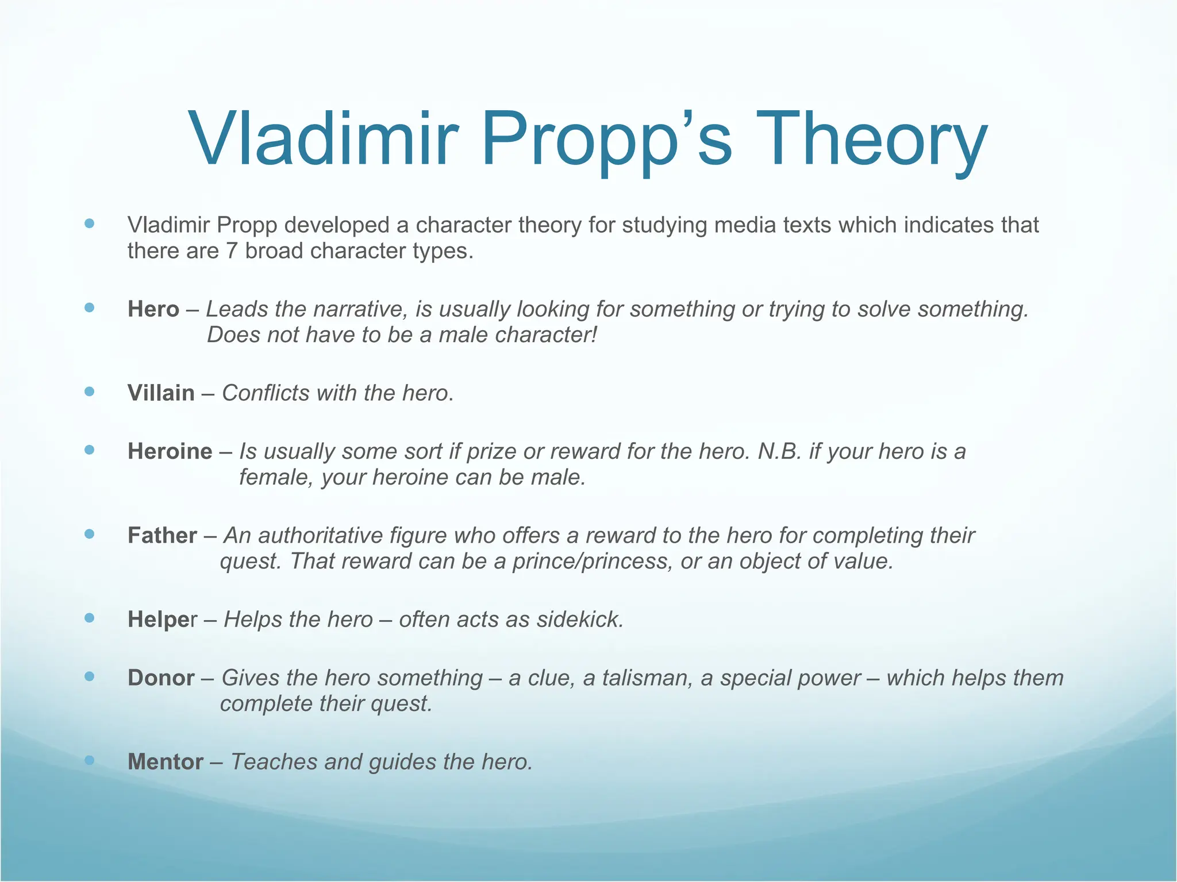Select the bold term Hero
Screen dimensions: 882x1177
(x=153, y=310)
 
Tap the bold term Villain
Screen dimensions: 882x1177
(x=161, y=393)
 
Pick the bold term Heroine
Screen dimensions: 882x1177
(x=170, y=451)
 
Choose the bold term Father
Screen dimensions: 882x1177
(x=162, y=536)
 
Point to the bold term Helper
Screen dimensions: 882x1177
(x=162, y=620)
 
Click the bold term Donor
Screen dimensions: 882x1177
(x=161, y=678)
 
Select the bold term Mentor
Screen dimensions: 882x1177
(x=166, y=762)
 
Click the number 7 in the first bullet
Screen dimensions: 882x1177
(x=231, y=251)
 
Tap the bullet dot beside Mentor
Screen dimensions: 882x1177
(x=89, y=760)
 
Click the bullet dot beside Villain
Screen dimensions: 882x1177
(x=89, y=392)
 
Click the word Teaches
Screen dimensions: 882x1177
(x=273, y=762)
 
